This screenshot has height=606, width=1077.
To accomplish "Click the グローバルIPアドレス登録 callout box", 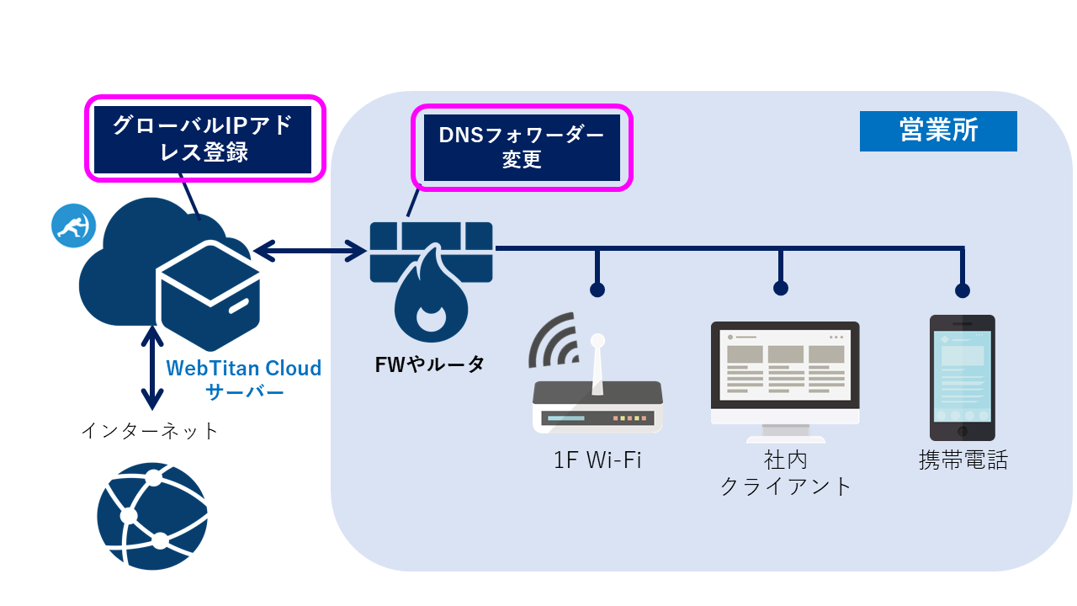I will [x=204, y=138].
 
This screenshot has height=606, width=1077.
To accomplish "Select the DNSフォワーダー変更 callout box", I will [x=521, y=148].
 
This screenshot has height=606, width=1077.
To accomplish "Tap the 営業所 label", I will [x=938, y=131].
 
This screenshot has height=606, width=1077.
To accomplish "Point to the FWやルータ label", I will [x=429, y=365].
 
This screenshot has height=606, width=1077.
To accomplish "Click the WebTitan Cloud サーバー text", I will [x=244, y=380].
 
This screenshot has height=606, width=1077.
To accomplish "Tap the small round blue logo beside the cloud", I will [x=73, y=226].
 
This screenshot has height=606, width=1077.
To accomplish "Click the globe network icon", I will [x=151, y=516].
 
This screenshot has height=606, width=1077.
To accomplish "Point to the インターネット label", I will [x=150, y=431].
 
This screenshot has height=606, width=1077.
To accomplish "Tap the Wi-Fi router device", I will [x=597, y=404].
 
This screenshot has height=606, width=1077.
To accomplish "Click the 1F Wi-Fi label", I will [x=597, y=460].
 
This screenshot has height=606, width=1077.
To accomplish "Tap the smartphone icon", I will [x=962, y=377].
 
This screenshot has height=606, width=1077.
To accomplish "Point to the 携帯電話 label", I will [x=963, y=460].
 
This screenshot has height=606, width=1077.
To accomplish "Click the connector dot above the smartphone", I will [x=963, y=290].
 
